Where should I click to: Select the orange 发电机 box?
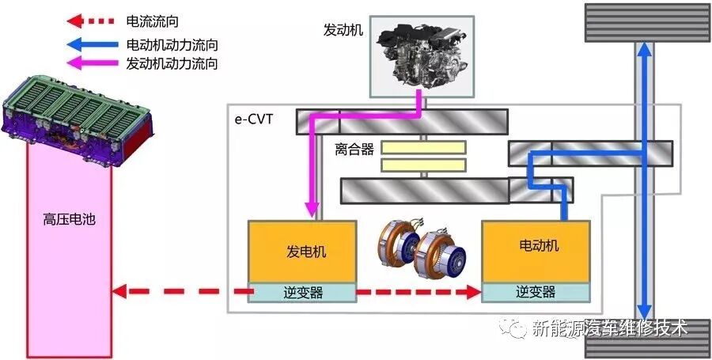click(x=302, y=251)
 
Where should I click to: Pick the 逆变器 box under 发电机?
click(x=302, y=292)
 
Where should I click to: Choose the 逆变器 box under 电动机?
click(x=536, y=292)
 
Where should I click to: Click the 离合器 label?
click(x=353, y=149)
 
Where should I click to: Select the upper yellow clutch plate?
click(x=423, y=147)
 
